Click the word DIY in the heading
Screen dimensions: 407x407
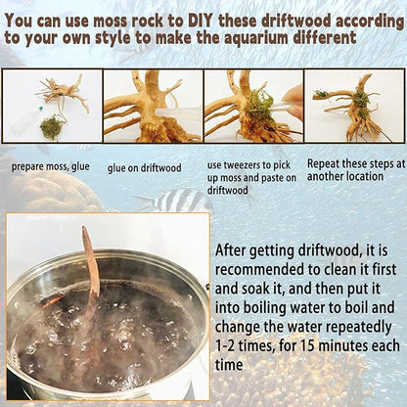pos(200,22)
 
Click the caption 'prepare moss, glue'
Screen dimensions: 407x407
pos(50,167)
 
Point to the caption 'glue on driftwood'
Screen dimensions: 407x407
pos(144,168)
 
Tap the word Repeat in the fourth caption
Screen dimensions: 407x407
pos(324,163)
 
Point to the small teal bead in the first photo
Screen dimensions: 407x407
pos(41,108)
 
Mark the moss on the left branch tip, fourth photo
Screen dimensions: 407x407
pos(321,95)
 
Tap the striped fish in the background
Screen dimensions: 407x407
pos(174,200)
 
